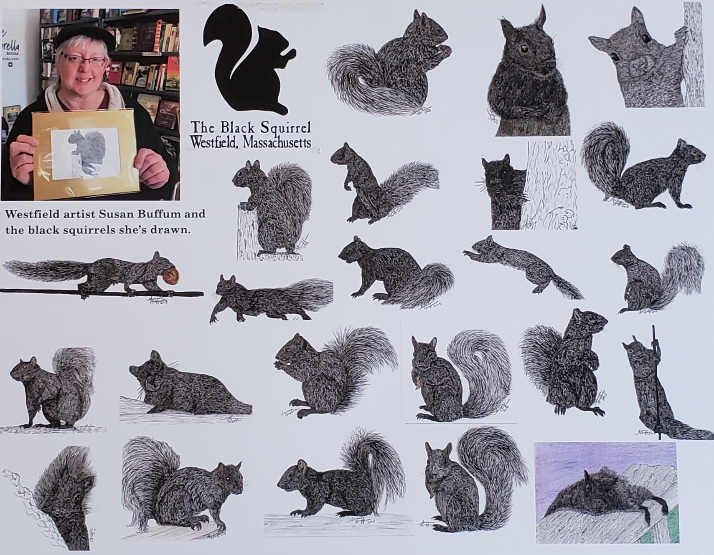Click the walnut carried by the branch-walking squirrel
[x=173, y=277]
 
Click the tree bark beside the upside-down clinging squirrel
[x=694, y=54]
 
